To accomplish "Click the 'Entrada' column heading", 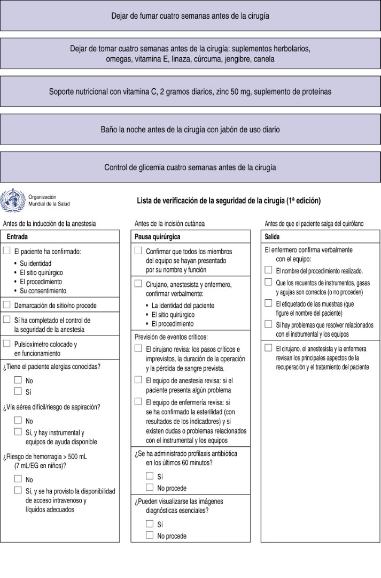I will (17, 236).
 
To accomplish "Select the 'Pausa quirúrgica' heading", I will (158, 236).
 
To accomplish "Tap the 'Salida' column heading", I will (273, 236).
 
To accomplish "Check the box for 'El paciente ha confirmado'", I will (7, 250).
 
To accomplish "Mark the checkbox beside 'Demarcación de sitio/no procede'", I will (7, 305).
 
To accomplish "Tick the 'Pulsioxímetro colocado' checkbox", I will (7, 344).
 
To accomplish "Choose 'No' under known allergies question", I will (18, 379).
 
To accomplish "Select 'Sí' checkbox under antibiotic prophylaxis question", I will (150, 476).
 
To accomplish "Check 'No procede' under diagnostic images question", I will (150, 535).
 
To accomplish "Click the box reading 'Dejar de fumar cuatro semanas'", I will (190, 16).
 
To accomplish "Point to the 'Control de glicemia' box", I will (190, 168).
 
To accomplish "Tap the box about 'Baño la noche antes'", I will (190, 130).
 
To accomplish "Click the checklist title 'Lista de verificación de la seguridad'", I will (229, 201).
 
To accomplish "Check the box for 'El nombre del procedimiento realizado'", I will (268, 270).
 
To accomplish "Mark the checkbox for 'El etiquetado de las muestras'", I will (268, 303).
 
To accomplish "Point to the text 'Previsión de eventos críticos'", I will (171, 337).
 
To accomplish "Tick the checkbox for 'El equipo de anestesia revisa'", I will (138, 379).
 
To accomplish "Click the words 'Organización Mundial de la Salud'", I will (49, 200).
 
